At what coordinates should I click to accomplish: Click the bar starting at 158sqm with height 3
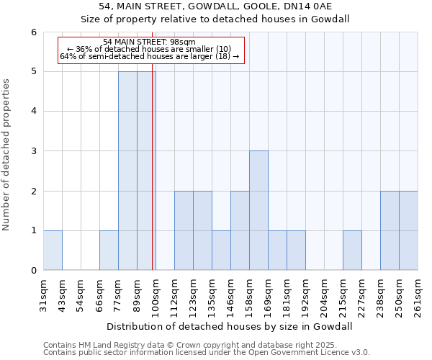[258, 210]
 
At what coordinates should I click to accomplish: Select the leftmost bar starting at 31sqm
[53, 250]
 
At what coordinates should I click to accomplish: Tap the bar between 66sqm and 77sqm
[109, 250]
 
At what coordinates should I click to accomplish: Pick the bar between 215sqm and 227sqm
[352, 250]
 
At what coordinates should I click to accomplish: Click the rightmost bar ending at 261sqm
[408, 230]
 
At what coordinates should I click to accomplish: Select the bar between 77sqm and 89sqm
[127, 171]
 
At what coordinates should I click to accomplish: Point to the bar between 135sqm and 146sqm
[221, 250]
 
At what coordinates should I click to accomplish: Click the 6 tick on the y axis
[33, 32]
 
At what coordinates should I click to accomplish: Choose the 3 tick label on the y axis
[33, 151]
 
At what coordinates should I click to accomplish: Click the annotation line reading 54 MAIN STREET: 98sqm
[149, 42]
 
